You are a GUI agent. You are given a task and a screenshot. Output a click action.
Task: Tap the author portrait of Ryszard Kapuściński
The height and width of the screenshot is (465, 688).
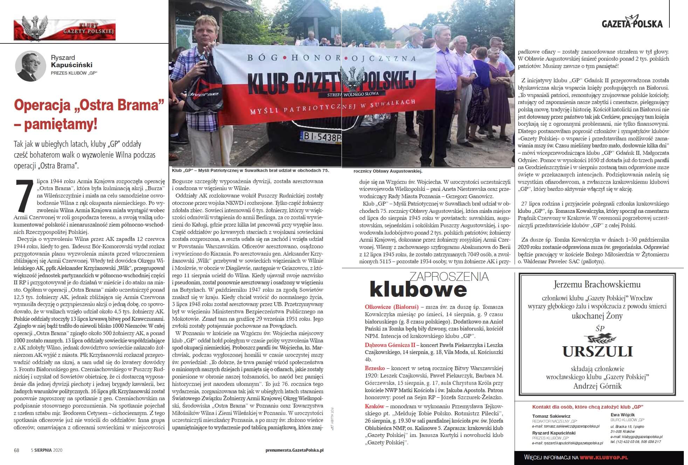pos(30,65)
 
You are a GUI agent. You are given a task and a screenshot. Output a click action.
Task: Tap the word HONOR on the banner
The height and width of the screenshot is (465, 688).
pos(314,58)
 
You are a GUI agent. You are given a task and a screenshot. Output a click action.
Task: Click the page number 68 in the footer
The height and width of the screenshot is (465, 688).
pos(16,450)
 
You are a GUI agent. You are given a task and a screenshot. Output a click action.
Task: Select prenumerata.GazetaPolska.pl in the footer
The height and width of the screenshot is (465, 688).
pos(294,450)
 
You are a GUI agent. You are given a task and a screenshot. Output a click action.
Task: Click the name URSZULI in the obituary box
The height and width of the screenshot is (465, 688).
pos(597,351)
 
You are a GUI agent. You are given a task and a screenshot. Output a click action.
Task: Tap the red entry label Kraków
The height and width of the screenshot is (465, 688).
pos(374,407)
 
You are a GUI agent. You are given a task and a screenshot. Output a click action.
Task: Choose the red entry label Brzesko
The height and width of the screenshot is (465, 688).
pos(375,368)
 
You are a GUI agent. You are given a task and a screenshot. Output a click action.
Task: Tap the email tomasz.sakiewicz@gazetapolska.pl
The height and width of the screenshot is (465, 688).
pos(566,426)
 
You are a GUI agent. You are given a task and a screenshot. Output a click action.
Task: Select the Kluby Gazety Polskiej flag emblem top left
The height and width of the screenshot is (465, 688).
pos(64,29)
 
